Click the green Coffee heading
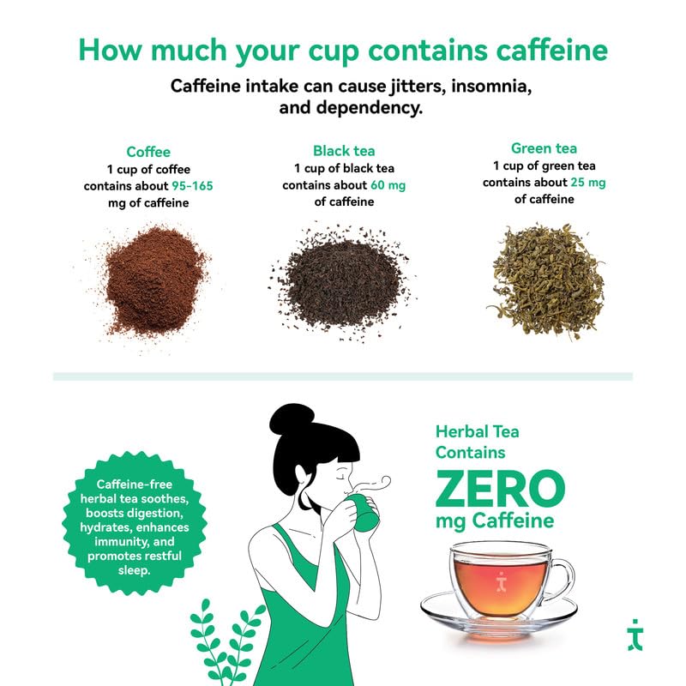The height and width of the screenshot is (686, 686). (x=148, y=151)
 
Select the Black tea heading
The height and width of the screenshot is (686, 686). (x=344, y=150)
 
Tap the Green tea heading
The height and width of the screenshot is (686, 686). (x=543, y=147)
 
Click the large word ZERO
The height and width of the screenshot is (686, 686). (x=499, y=489)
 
